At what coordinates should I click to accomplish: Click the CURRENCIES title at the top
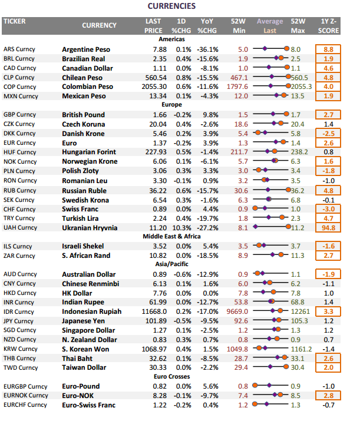click(171, 6)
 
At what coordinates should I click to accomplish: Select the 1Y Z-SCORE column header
click(328, 26)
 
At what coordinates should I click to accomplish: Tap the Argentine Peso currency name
click(86, 49)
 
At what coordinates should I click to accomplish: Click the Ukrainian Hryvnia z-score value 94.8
click(328, 228)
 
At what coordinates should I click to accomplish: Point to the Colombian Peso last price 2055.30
click(154, 87)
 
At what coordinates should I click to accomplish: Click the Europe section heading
click(171, 105)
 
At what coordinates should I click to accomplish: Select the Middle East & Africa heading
click(171, 236)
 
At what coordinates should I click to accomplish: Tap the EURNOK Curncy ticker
click(26, 396)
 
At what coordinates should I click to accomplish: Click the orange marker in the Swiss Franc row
click(255, 208)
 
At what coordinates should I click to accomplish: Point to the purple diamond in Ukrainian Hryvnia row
click(256, 227)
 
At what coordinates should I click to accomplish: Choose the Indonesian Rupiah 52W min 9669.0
click(237, 311)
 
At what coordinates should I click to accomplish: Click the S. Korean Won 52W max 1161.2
click(302, 349)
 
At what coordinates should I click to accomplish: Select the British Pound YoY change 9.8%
click(210, 115)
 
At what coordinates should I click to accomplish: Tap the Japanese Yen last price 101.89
click(158, 321)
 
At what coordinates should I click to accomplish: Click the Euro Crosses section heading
click(171, 377)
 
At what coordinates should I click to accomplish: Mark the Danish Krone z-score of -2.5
click(328, 134)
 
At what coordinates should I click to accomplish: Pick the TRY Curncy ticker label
click(19, 218)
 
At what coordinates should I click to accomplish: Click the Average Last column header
click(270, 26)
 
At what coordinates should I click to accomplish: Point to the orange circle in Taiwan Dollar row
click(286, 366)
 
